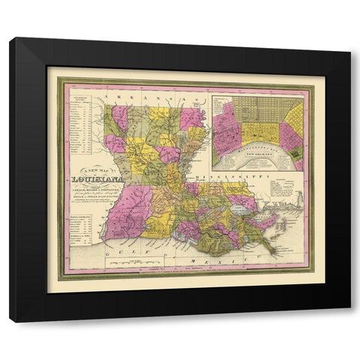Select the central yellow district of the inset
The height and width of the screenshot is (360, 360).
(259, 132)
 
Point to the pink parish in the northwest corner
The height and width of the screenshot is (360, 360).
(118, 118)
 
